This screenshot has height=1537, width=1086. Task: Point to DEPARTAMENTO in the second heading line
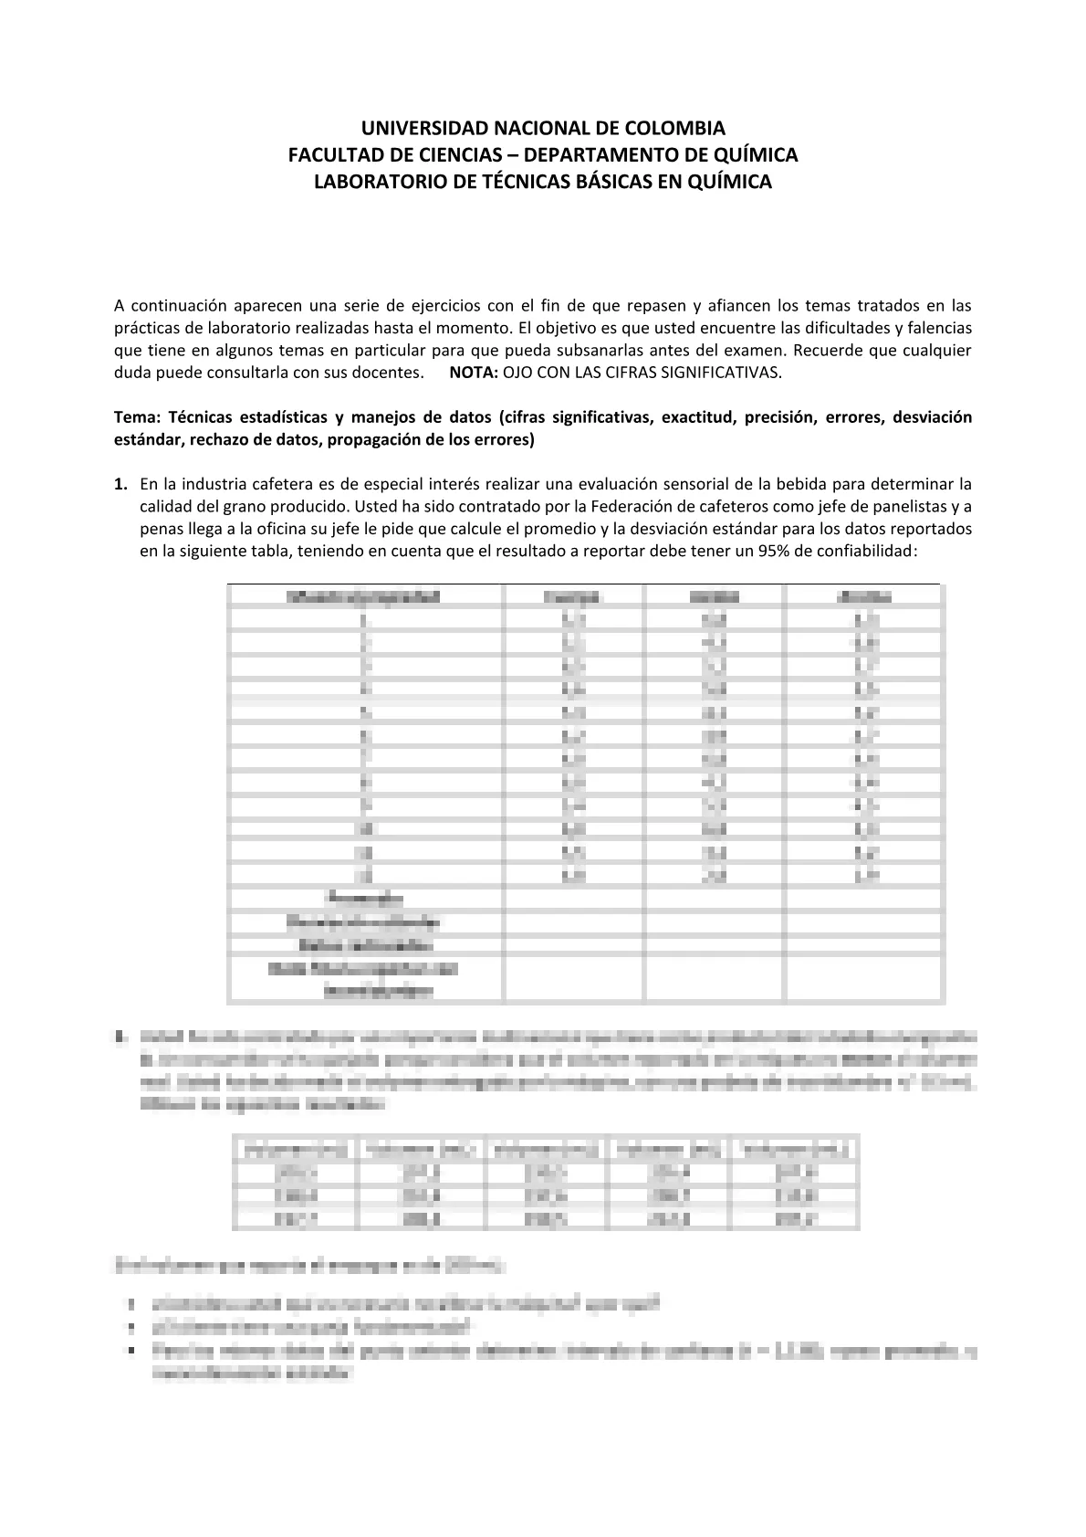(x=592, y=154)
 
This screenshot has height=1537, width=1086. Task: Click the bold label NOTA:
(x=474, y=373)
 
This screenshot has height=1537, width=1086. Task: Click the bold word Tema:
(x=138, y=417)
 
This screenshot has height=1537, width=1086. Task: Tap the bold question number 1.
(x=120, y=484)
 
